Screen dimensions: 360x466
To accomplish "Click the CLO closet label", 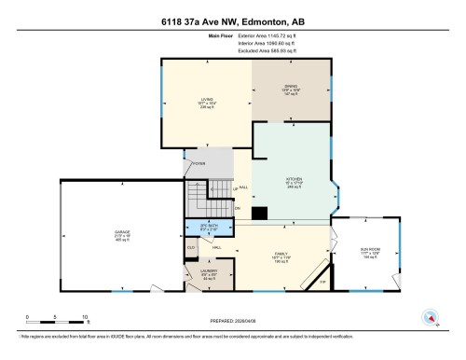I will pos(191,247).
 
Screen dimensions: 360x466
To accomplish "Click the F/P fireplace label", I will pos(323,280).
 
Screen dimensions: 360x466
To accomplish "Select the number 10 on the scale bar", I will pos(85,318).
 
